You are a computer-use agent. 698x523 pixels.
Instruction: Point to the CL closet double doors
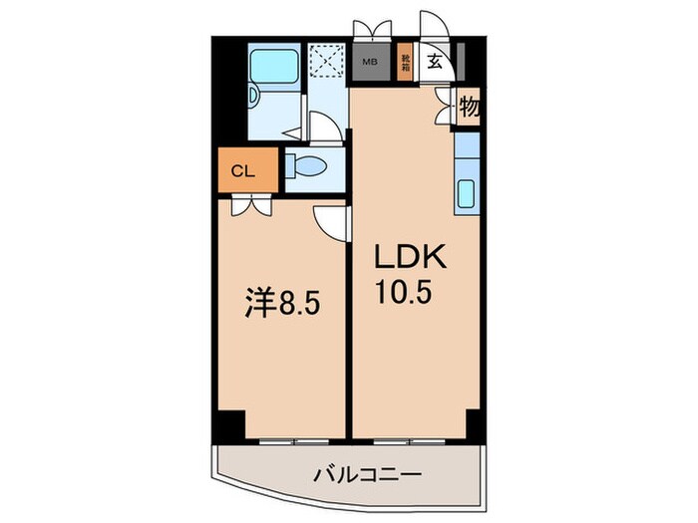pyautogui.click(x=248, y=204)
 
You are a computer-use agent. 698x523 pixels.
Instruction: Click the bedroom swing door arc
pyautogui.click(x=328, y=220)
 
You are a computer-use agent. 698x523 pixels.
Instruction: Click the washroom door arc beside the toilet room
pyautogui.click(x=322, y=129)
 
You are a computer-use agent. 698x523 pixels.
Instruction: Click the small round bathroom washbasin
pyautogui.click(x=254, y=96)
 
